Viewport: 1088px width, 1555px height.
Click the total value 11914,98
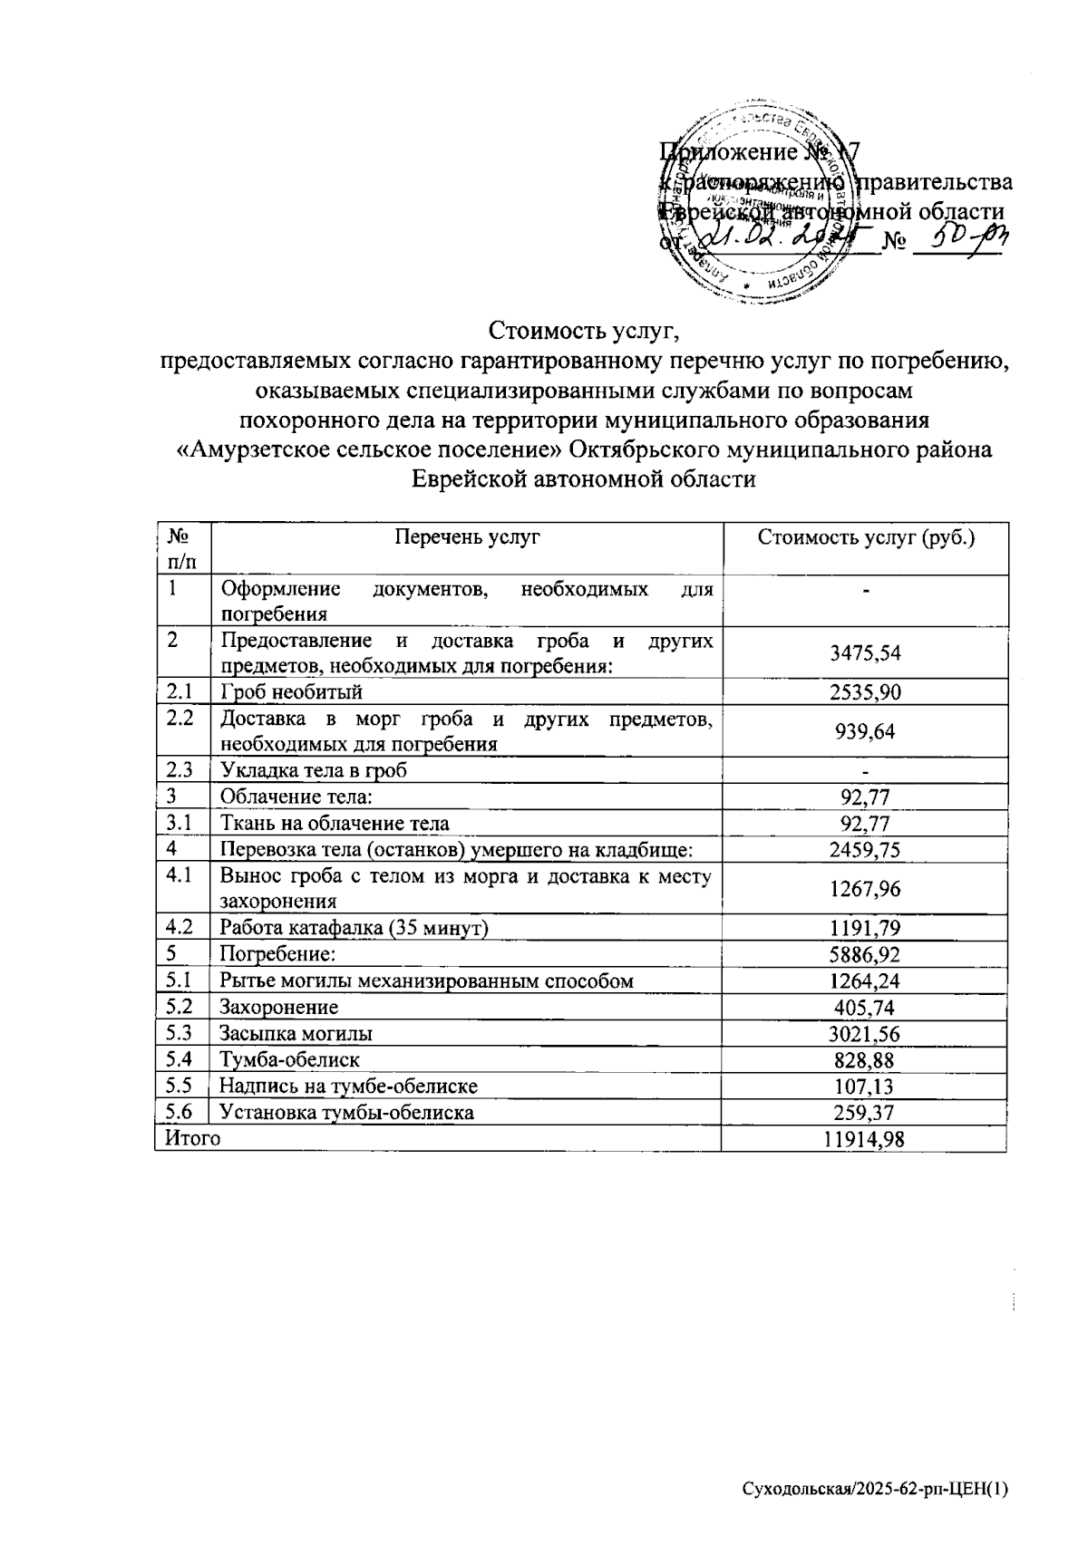pos(864,1139)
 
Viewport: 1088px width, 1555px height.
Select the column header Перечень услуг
pos(467,537)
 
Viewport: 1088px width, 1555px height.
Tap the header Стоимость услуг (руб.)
pos(864,537)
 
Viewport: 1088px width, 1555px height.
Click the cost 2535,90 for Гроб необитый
pos(864,693)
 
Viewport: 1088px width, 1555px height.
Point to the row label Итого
pos(192,1139)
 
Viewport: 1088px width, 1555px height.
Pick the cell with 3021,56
pos(864,1034)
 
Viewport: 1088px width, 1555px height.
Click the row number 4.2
pos(181,927)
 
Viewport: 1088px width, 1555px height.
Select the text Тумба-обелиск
pos(290,1059)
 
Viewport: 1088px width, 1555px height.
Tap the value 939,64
pos(864,731)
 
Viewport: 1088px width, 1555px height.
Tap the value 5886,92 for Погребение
pos(864,954)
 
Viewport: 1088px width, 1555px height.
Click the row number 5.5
pos(181,1086)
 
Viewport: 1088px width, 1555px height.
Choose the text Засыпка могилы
pos(296,1033)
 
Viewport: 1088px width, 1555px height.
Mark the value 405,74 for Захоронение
pos(864,1008)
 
